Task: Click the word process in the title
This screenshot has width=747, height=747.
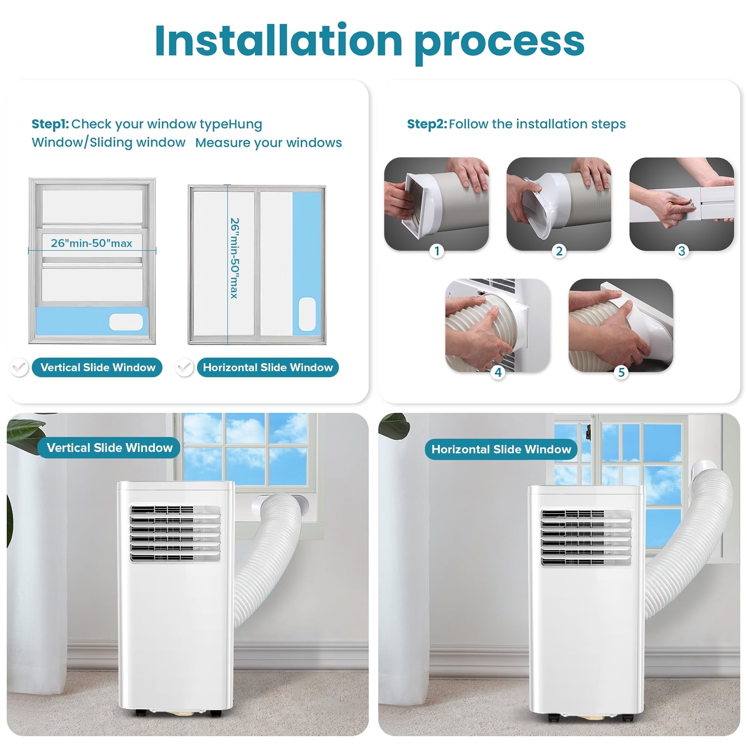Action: tap(499, 45)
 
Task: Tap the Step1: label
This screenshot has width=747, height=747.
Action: tap(50, 124)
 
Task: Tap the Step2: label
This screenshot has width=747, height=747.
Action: tap(427, 124)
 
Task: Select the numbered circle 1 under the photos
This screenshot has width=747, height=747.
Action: tap(437, 251)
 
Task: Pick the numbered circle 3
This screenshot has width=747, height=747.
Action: tap(682, 251)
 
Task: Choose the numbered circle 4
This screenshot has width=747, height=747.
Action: tap(498, 372)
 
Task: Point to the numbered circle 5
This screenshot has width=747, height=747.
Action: tap(621, 372)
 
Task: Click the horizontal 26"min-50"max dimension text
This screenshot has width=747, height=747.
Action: tap(92, 243)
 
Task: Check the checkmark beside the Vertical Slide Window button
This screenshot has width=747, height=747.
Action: tap(20, 367)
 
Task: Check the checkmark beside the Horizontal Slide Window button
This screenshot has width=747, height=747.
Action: tap(184, 367)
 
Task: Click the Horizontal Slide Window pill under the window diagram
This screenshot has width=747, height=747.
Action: tap(268, 367)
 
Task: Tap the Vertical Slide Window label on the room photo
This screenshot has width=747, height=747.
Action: tap(109, 448)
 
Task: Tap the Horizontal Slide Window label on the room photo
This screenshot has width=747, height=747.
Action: tap(501, 449)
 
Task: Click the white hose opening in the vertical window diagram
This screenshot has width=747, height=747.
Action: tap(126, 322)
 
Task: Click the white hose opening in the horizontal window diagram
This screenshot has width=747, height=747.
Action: tap(307, 314)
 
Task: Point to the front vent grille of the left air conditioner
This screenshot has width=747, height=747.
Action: tap(175, 533)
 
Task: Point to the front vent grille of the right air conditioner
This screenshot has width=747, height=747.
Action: tap(586, 537)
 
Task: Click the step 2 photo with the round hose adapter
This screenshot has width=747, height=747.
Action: tap(559, 204)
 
